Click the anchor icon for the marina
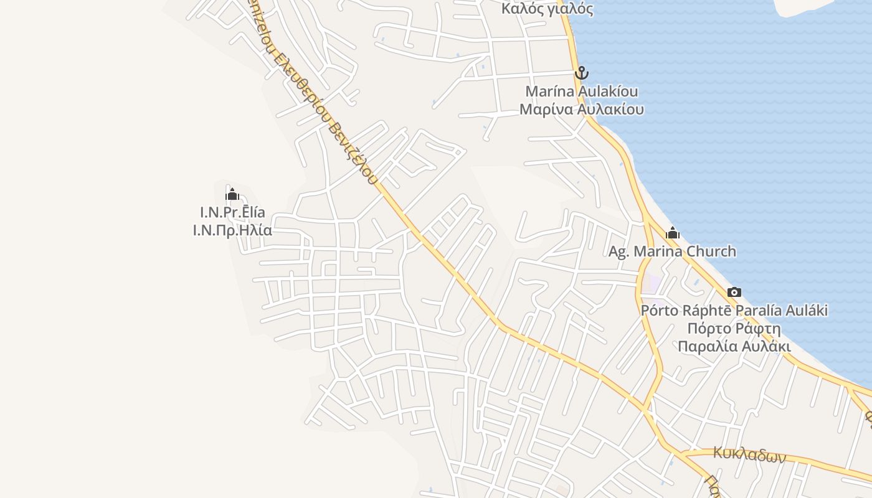pyautogui.click(x=581, y=73)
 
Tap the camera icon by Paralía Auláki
pyautogui.click(x=734, y=292)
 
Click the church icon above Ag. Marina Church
pyautogui.click(x=672, y=233)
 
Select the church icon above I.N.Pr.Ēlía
pyautogui.click(x=232, y=194)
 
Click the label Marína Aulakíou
pyautogui.click(x=582, y=92)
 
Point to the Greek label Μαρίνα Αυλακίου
pyautogui.click(x=582, y=110)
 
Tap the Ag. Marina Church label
pyautogui.click(x=672, y=251)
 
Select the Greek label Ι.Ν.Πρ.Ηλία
pyautogui.click(x=232, y=230)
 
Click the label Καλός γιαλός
pyautogui.click(x=547, y=9)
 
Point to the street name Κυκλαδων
pyautogui.click(x=749, y=455)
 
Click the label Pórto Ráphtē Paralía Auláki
pyautogui.click(x=734, y=311)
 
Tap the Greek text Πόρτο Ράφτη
pyautogui.click(x=734, y=329)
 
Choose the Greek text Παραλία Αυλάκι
pyautogui.click(x=734, y=347)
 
